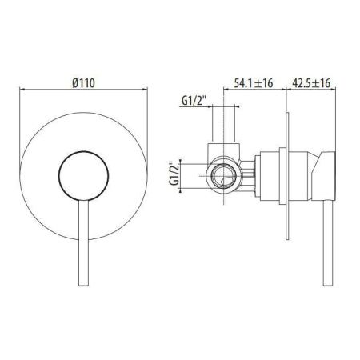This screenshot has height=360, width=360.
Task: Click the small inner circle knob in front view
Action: pyautogui.click(x=78, y=170)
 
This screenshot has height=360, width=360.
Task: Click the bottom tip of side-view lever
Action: pyautogui.click(x=326, y=286)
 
